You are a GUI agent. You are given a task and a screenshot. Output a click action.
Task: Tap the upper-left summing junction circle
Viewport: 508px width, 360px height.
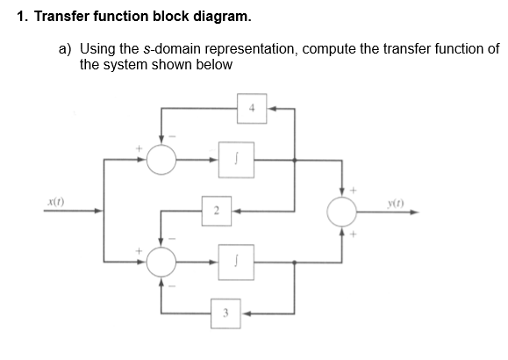pos(161,160)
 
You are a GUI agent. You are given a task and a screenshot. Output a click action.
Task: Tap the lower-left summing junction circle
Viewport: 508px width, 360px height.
pos(161,262)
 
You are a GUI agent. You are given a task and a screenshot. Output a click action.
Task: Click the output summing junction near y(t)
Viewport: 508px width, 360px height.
pos(342,211)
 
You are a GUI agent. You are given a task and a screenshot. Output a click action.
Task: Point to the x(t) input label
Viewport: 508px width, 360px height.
pos(55,201)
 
